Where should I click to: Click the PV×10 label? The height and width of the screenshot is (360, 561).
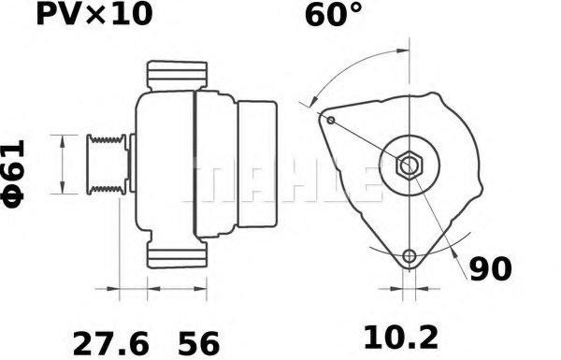tap(92, 15)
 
